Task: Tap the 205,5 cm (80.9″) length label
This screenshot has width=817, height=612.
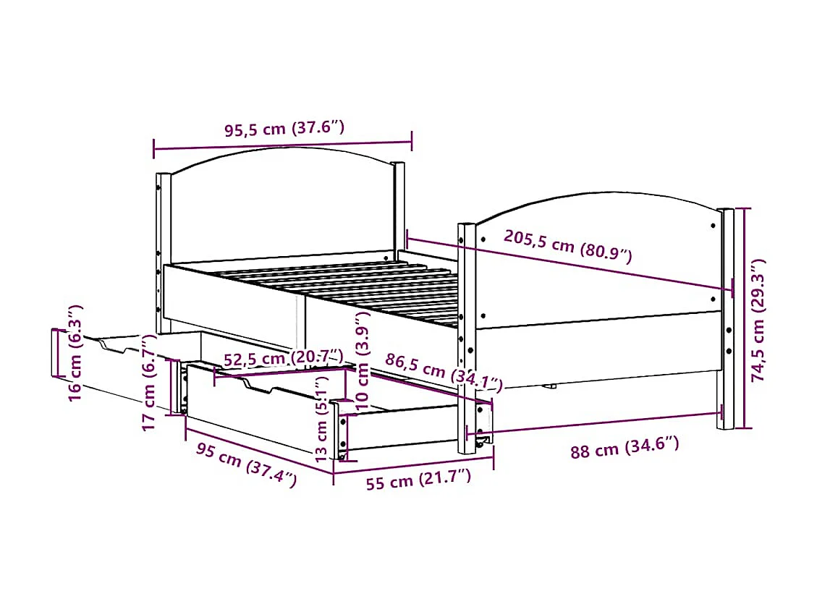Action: (x=568, y=246)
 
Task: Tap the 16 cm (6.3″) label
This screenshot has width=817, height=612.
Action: (x=75, y=353)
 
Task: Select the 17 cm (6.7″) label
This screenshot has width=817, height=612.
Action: (x=151, y=383)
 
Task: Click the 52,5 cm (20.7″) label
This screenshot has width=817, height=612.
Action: (x=282, y=358)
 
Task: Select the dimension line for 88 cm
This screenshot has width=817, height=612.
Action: (x=593, y=424)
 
